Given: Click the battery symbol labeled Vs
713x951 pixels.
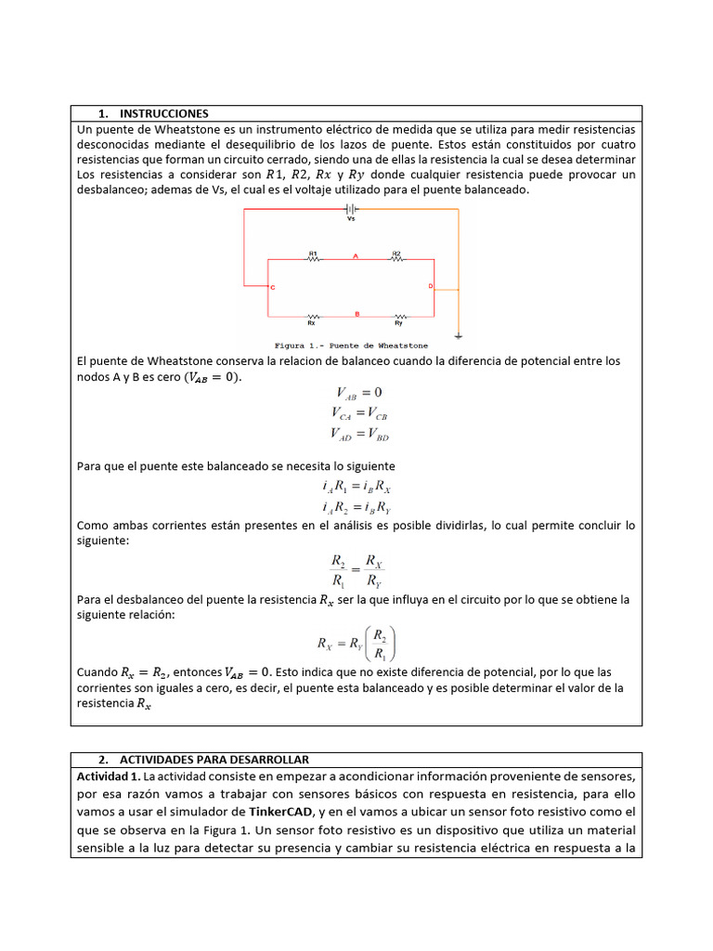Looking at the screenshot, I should (x=351, y=211).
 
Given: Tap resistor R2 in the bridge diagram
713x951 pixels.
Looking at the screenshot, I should (x=395, y=259).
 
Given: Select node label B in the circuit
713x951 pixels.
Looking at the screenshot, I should (x=356, y=313).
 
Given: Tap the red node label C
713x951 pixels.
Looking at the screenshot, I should (x=272, y=288).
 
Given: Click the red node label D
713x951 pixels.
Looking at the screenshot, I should (x=430, y=286).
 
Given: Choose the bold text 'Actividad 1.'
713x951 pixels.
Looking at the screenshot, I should (x=110, y=775).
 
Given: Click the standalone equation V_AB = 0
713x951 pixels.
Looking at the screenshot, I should (x=356, y=392).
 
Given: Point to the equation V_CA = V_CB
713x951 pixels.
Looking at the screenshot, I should (x=356, y=411).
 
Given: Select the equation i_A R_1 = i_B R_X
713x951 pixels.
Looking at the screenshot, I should (x=356, y=487).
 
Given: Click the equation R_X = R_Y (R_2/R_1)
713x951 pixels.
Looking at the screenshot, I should (x=356, y=642).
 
